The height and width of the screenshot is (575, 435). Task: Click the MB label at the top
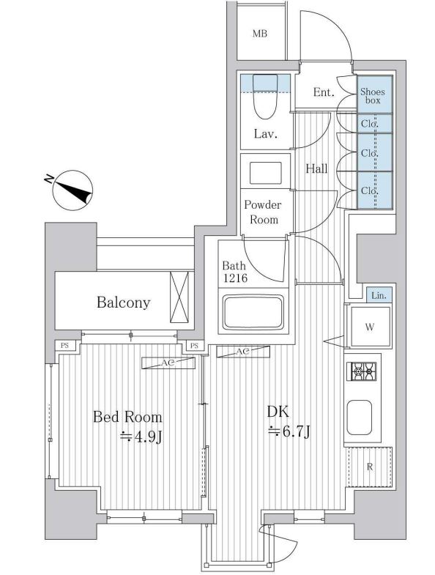pyautogui.click(x=260, y=34)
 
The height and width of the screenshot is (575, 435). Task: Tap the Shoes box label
pyautogui.click(x=373, y=96)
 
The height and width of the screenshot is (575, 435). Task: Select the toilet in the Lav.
pyautogui.click(x=265, y=97)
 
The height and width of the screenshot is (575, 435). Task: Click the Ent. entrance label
pyautogui.click(x=324, y=92)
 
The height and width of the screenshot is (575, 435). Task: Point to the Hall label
pyautogui.click(x=317, y=168)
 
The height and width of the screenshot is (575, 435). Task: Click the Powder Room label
pyautogui.click(x=264, y=212)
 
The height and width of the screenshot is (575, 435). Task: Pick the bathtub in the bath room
pyautogui.click(x=253, y=313)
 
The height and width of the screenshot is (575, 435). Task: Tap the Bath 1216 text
pyautogui.click(x=235, y=271)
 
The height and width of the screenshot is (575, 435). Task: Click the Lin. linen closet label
pyautogui.click(x=379, y=295)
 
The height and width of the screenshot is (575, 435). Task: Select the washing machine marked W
pyautogui.click(x=370, y=327)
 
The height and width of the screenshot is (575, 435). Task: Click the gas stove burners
pyautogui.click(x=362, y=371)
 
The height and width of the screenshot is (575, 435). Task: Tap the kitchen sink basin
pyautogui.click(x=359, y=418)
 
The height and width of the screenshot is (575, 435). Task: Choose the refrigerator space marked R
pyautogui.click(x=370, y=467)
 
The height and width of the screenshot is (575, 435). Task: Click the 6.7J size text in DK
pyautogui.click(x=289, y=431)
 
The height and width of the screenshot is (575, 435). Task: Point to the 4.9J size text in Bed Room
pyautogui.click(x=141, y=437)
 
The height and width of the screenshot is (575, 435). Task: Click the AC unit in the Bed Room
pyautogui.click(x=168, y=363)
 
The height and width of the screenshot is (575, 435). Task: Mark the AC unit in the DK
pyautogui.click(x=243, y=352)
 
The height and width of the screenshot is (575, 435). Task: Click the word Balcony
pyautogui.click(x=124, y=303)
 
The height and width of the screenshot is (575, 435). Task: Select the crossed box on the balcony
pyautogui.click(x=179, y=297)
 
